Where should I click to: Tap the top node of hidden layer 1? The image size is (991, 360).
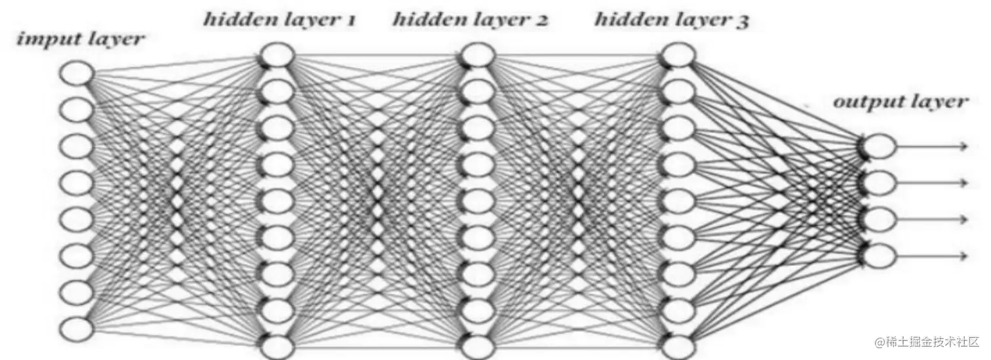pos(277,55)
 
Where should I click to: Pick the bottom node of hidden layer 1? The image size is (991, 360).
pos(277,345)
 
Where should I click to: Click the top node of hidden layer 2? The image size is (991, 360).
pos(477,55)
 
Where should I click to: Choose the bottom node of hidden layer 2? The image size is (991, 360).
pos(477,345)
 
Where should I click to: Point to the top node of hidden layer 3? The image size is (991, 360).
pos(678,55)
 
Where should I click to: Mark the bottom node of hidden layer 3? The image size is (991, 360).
pos(678,345)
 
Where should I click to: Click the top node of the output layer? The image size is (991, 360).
pos(880,146)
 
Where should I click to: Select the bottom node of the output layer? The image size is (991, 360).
pos(880,254)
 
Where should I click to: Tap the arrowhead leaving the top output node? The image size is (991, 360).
pos(963,146)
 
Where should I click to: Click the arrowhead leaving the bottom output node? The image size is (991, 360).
pos(963,254)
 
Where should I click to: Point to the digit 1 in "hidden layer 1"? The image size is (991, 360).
pos(349,20)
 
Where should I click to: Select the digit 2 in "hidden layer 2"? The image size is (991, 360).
pos(542,20)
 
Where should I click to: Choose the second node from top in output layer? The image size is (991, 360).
pos(880,182)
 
